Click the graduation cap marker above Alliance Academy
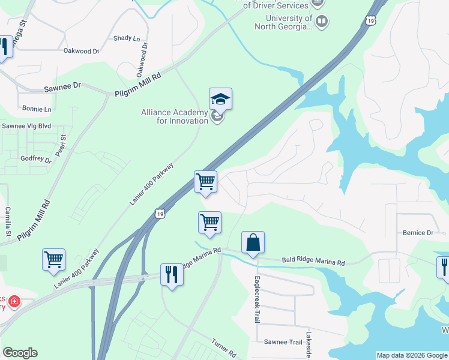click(x=220, y=99)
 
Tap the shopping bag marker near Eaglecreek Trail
click(x=253, y=242)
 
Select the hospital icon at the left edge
click(x=13, y=301)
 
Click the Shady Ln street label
click(x=126, y=38)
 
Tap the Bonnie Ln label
click(x=37, y=109)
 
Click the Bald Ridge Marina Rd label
click(x=313, y=262)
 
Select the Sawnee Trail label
click(x=283, y=341)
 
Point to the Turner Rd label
click(x=224, y=349)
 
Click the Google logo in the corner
click(x=20, y=353)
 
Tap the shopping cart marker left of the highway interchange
click(x=53, y=259)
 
